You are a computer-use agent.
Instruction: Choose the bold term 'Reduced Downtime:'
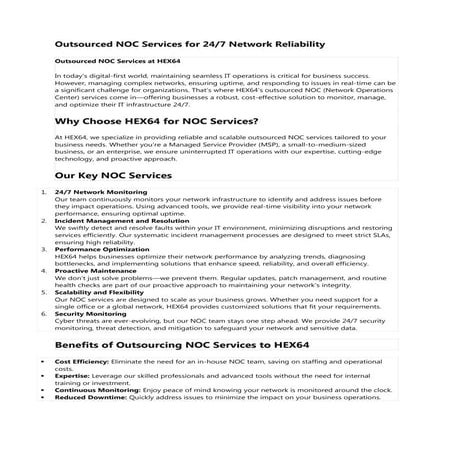89,397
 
